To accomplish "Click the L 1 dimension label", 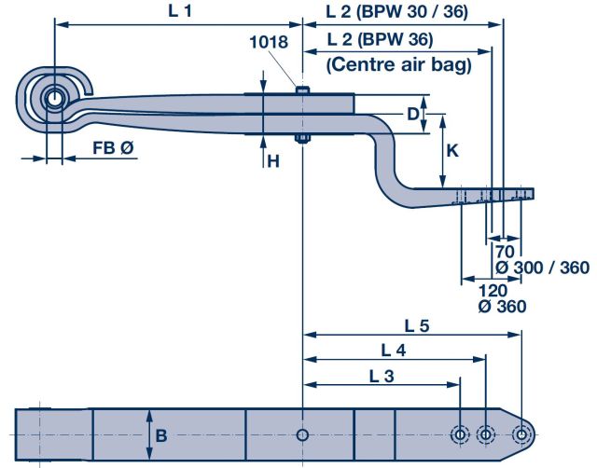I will point(178,12).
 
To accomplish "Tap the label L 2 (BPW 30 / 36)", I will point(397,12).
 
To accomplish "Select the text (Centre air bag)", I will point(398,65).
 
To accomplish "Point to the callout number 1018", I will point(269,41).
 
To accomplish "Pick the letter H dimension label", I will point(273,161).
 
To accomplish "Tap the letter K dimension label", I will point(451,150).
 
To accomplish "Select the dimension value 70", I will point(504,252).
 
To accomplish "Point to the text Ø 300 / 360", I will point(542,268).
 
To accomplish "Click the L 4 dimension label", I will point(394,351).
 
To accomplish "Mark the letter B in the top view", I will point(161,434).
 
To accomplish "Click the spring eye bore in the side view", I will point(53,97).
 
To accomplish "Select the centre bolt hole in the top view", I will point(303,434).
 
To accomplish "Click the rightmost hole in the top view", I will point(523,434).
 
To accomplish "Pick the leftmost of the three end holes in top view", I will point(460,434).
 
